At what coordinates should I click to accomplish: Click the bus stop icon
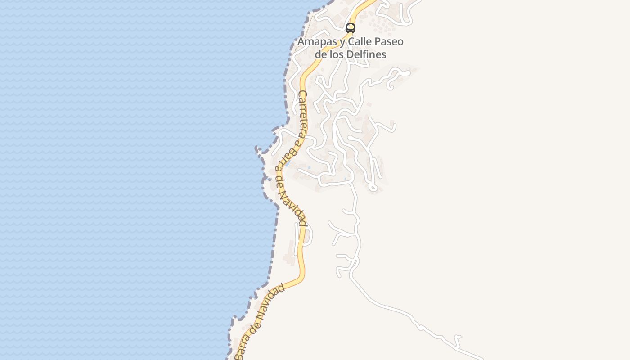(351, 28)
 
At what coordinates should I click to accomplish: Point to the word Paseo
(390, 42)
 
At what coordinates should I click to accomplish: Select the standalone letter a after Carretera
(297, 143)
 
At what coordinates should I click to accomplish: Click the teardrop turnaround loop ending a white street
(373, 187)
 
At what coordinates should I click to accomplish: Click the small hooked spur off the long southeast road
(458, 337)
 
